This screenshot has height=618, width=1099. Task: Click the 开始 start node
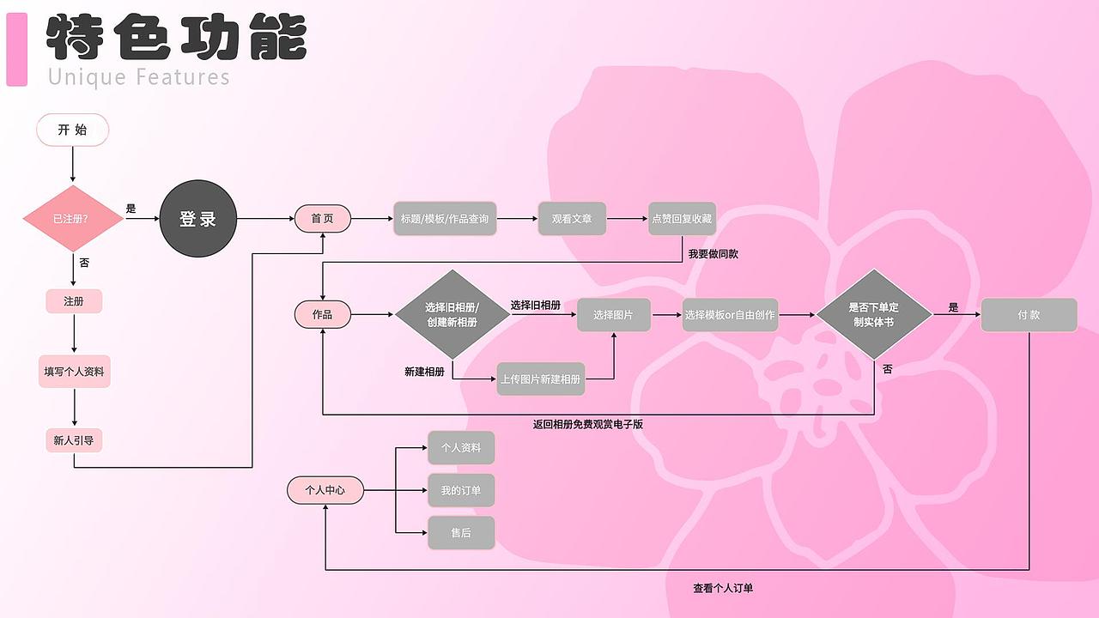pos(73,130)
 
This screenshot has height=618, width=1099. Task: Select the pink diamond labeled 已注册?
pos(73,219)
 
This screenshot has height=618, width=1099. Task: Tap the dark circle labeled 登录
pos(197,219)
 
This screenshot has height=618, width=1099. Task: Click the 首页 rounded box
pos(323,219)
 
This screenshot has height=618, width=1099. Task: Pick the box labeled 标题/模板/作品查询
pos(445,219)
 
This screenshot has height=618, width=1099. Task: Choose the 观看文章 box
pos(572,219)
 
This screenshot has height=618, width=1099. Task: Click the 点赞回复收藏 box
pos(682,219)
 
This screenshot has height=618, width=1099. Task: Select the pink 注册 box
pos(74,301)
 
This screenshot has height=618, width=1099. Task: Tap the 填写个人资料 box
pos(75,372)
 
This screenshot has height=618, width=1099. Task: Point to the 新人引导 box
pos(74,440)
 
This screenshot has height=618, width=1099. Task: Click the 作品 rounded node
pos(323,315)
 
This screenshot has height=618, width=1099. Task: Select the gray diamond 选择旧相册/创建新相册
pos(452,315)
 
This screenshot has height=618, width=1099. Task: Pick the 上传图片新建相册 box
pos(541,379)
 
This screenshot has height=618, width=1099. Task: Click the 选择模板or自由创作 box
pos(730,315)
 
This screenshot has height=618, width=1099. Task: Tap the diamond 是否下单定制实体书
pos(873,315)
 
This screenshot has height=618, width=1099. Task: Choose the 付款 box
pos(1029,315)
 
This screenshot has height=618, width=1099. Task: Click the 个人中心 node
pos(325,490)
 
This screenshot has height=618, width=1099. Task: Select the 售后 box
pos(461,533)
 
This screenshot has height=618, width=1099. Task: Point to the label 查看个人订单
pos(723,588)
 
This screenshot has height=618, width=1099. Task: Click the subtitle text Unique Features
pos(139,77)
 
